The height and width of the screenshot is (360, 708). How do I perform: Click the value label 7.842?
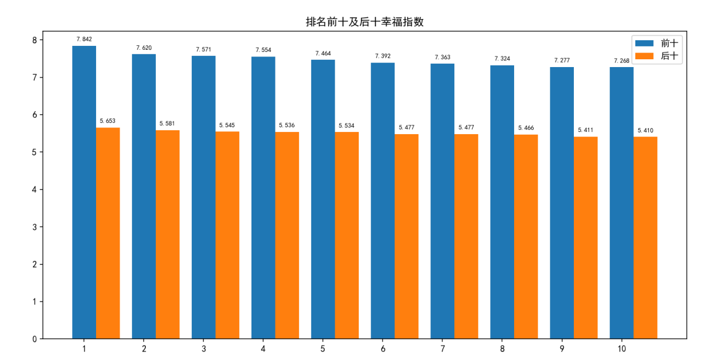pyautogui.click(x=84, y=39)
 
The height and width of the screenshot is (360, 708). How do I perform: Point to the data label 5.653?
pyautogui.click(x=107, y=121)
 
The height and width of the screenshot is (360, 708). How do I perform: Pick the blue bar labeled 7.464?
pyautogui.click(x=323, y=199)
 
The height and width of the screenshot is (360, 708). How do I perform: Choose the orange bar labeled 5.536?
pyautogui.click(x=287, y=235)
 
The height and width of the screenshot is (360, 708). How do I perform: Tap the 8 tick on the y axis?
pyautogui.click(x=34, y=40)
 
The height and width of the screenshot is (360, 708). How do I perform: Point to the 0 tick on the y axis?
pyautogui.click(x=34, y=339)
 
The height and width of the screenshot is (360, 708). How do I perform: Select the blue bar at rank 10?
pyautogui.click(x=621, y=203)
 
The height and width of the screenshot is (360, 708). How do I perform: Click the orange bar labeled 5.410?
pyautogui.click(x=645, y=238)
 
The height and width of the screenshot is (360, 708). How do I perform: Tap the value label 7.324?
pyautogui.click(x=502, y=59)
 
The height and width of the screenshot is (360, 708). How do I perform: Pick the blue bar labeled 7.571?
pyautogui.click(x=203, y=197)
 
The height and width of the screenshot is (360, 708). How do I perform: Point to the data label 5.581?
pyautogui.click(x=167, y=124)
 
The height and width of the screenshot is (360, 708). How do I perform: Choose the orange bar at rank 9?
pyautogui.click(x=586, y=238)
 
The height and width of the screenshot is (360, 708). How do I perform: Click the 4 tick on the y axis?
pyautogui.click(x=34, y=190)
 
